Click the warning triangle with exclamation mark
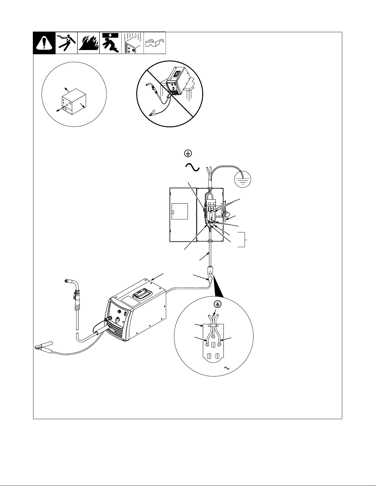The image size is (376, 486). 44,43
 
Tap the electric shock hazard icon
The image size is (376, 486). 66,43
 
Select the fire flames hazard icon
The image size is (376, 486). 88,43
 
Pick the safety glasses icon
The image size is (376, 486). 155,42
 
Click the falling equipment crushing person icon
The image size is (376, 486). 110,43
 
